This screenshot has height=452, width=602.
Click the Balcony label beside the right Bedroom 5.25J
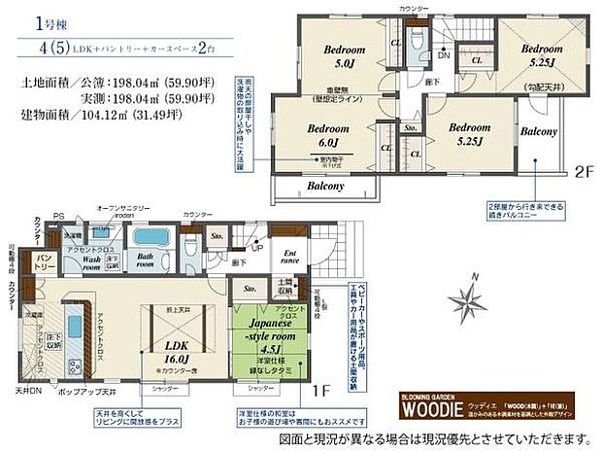(x=538, y=130)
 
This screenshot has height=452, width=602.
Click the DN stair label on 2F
(x=442, y=55)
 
